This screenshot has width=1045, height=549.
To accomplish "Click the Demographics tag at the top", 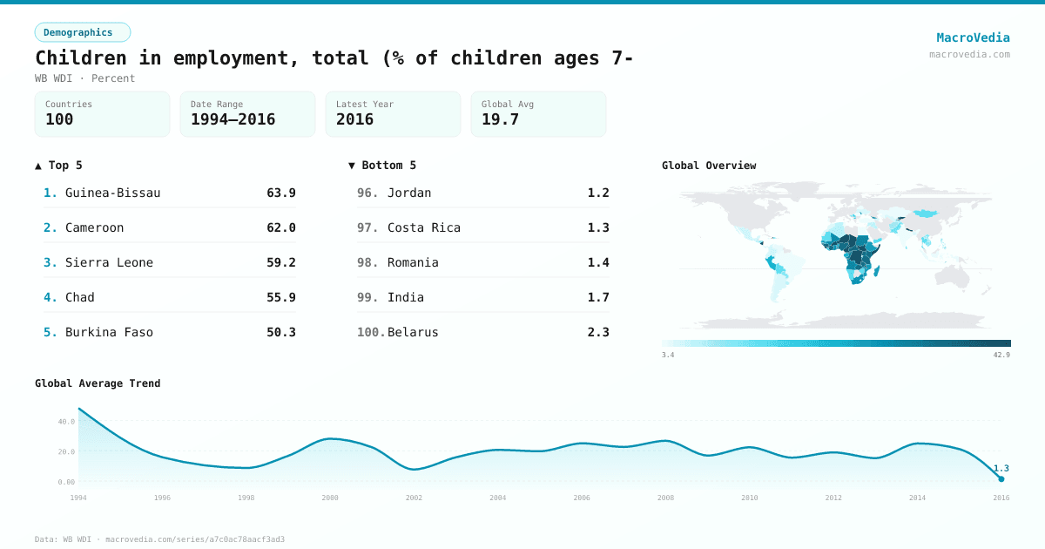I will coord(82,32).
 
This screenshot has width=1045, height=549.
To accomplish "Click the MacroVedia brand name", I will coord(973,37).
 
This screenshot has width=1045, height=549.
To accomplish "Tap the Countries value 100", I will coord(59,119).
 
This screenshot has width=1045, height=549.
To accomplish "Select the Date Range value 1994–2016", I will coord(233,119).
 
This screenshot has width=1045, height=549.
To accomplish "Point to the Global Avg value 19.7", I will coord(500,119).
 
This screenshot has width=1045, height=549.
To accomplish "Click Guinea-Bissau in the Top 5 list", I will coord(112,193).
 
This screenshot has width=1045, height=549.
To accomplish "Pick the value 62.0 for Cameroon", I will coord(280,227).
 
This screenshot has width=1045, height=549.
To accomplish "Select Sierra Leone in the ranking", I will coord(109,262).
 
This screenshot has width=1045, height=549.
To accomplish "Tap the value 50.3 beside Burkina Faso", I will coord(280,332).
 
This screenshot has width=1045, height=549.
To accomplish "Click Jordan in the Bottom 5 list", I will coord(409,193).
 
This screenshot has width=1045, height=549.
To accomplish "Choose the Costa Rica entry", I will coord(423,227).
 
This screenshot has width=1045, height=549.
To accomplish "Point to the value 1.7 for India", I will coord(597,297).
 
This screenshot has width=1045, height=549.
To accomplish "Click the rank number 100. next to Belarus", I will coord(370,332).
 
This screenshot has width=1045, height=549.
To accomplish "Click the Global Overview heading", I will coord(708,166).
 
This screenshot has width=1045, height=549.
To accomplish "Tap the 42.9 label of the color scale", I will coord(1001,355).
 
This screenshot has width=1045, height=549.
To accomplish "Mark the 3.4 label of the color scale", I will coord(668,355).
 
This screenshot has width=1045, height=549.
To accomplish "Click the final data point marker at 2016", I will coord(1001,479).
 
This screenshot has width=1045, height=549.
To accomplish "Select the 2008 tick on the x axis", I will coord(665,498).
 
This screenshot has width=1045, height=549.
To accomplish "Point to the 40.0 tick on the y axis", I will coord(66,422).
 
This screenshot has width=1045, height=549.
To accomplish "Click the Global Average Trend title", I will coord(98,383).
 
